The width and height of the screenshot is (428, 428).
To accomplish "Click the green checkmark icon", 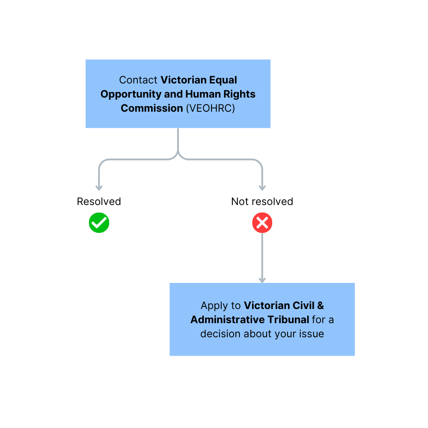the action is click(x=99, y=223).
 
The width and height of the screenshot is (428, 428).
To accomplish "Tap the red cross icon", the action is click(x=262, y=223).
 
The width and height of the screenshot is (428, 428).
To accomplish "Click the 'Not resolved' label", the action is click(x=262, y=202).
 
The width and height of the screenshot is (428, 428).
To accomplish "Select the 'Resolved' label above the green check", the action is click(x=99, y=202).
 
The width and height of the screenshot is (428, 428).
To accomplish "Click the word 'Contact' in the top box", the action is click(x=138, y=80).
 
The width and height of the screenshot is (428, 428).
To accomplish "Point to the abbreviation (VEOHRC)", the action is click(x=211, y=108).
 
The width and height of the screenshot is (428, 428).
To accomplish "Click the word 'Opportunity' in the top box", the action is click(x=131, y=95).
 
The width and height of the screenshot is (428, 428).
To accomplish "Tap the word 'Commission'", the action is click(x=152, y=108).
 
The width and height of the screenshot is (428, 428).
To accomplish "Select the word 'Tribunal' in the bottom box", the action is click(x=288, y=320).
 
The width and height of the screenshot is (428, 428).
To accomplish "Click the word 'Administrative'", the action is click(x=228, y=320).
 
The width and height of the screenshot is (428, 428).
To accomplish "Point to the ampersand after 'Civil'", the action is click(x=321, y=306).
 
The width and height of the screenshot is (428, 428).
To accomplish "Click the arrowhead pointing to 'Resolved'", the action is click(x=99, y=188).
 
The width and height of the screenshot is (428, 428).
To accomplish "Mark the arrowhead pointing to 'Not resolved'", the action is click(x=262, y=188).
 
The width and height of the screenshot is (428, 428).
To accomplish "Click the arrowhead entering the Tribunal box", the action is click(x=262, y=280).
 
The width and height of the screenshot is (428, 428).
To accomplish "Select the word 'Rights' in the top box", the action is click(x=239, y=95).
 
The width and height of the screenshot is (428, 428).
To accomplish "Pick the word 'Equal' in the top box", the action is click(x=223, y=80).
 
